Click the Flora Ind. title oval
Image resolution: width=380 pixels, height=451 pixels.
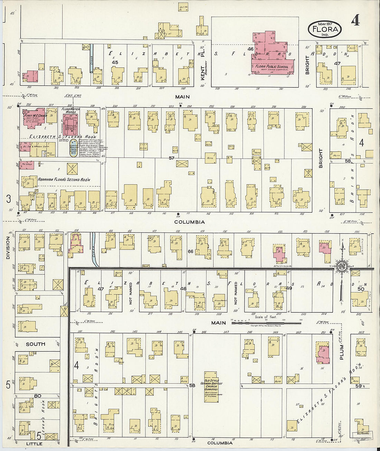[x=325, y=29]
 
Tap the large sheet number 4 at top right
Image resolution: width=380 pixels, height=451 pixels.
[x=355, y=21]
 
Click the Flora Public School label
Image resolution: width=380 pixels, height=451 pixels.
[x=272, y=66]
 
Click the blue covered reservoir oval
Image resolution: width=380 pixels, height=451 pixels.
[x=73, y=148]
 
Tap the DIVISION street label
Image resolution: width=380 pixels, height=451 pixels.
[x=8, y=248]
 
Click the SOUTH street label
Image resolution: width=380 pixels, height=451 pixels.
[x=35, y=344]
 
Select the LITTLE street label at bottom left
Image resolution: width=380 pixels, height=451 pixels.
[x=34, y=443]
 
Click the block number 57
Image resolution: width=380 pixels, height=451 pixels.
[x=171, y=158]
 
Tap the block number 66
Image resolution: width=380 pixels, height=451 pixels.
[x=190, y=252]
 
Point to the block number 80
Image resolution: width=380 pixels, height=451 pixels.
[x=37, y=396]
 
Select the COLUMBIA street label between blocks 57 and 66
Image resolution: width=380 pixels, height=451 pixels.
[x=189, y=222]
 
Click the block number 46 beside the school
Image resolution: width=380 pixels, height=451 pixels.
[x=250, y=49]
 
